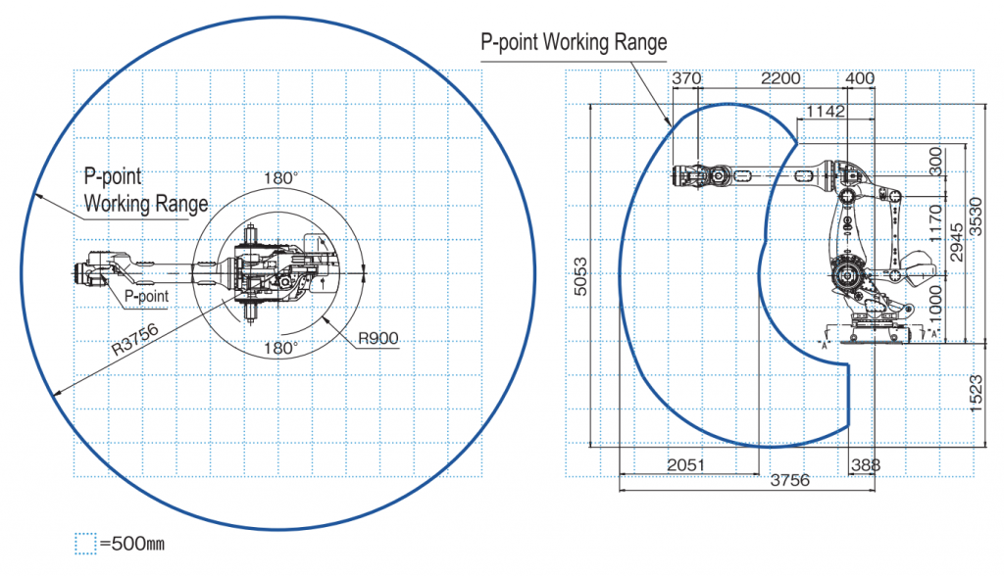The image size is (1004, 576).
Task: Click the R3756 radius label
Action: (x=135, y=340)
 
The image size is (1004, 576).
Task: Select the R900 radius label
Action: (x=377, y=338)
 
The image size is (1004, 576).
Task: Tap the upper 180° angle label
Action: (x=281, y=178)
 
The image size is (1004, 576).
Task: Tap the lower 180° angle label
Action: (x=281, y=348)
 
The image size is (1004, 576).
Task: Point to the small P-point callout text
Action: (x=147, y=296)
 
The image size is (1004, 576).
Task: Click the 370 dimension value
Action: (x=686, y=78)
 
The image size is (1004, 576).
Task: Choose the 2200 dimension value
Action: (x=780, y=78)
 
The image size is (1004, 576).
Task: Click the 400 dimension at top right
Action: (x=860, y=78)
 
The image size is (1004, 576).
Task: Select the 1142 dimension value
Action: (x=826, y=112)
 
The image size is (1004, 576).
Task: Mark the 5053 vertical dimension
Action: (x=580, y=276)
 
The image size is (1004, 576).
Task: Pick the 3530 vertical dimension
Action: (x=976, y=216)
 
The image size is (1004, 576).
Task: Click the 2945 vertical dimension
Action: (x=957, y=243)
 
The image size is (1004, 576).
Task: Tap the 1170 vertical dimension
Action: (x=935, y=223)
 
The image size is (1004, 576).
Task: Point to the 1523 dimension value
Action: (x=976, y=394)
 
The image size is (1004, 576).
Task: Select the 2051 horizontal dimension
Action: (x=685, y=465)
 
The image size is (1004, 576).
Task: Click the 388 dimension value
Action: (x=866, y=465)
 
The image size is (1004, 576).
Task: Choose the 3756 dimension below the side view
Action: (x=790, y=481)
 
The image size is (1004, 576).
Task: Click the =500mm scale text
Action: (x=132, y=544)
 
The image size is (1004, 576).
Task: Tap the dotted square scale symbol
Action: (x=85, y=544)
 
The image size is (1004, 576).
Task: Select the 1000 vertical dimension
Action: (x=935, y=305)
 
